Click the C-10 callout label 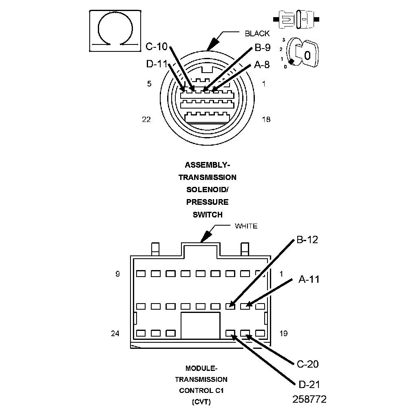click(156, 47)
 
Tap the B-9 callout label click(263, 48)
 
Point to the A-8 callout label click(262, 64)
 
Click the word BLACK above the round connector click(257, 33)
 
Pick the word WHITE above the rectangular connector click(246, 226)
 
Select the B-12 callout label click(307, 240)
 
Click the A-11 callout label click(309, 279)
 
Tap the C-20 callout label click(308, 364)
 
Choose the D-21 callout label click(309, 384)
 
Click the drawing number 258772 click(309, 399)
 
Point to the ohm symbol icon click(115, 31)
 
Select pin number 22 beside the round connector click(146, 119)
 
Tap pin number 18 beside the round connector click(266, 119)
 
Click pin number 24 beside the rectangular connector click(115, 333)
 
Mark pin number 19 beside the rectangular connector click(283, 333)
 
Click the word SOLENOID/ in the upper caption click(207, 190)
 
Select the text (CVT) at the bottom click(201, 402)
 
